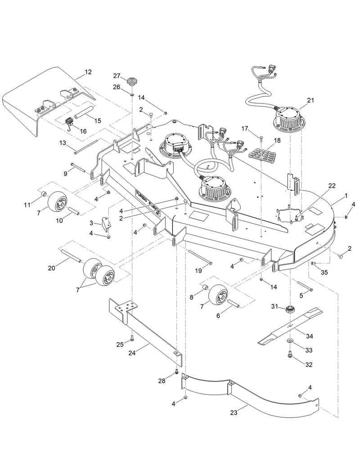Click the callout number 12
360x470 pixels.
click(x=88, y=72)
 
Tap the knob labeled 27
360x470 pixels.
click(x=131, y=82)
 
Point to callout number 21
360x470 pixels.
click(x=310, y=100)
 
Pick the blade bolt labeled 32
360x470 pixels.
click(x=289, y=356)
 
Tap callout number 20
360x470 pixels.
click(x=52, y=268)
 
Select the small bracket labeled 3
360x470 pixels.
click(x=107, y=224)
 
